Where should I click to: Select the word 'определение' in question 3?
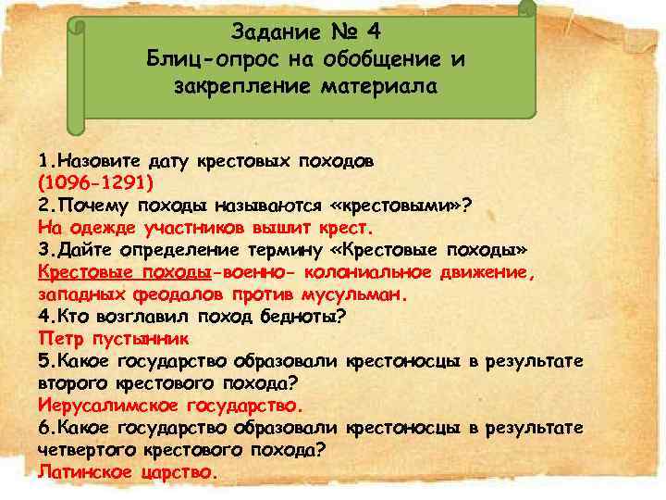pyautogui.click(x=209, y=250)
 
